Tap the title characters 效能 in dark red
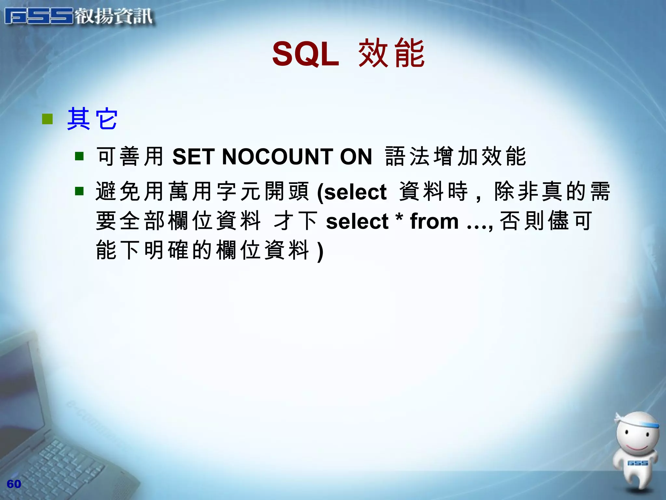coord(391,53)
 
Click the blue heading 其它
coord(92,119)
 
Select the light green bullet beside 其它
coord(47,119)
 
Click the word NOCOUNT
coord(277,157)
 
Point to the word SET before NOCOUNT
coord(193,157)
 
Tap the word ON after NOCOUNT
coord(356,157)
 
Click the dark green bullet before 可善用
coord(79,157)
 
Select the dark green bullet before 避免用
coord(79,191)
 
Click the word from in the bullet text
coord(434,221)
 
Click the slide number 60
coord(14,484)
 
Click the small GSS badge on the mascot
coord(637,463)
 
